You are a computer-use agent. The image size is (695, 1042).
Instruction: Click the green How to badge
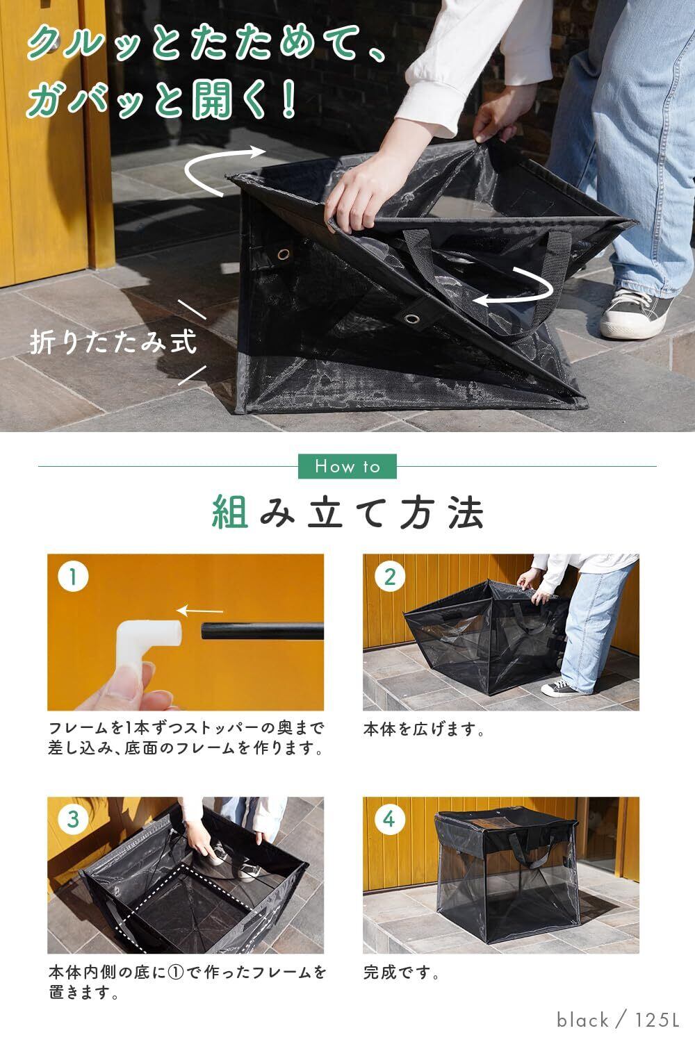pos(347,466)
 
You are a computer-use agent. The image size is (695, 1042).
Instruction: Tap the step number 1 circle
pos(73,577)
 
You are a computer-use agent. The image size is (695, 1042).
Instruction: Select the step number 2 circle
pos(390,577)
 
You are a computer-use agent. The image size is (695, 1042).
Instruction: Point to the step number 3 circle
pos(73,819)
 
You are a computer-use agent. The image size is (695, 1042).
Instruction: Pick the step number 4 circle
pos(390,819)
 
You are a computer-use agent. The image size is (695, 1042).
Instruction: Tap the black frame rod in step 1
pos(263,631)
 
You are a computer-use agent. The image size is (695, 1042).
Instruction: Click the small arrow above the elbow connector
pos(200,611)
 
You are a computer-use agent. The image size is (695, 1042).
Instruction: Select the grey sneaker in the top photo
pos(635,313)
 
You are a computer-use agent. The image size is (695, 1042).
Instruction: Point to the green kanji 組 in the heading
pos(230,512)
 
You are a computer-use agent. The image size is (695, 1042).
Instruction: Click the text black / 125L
pos(618,1020)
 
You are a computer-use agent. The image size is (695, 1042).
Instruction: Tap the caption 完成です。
pos(401,972)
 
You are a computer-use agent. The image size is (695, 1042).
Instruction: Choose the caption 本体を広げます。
pos(424,729)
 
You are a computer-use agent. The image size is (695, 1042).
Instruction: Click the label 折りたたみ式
pos(113,342)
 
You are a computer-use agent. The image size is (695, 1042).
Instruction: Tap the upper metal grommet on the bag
pos(283,254)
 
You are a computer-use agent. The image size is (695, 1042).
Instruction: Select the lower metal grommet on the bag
pos(411,319)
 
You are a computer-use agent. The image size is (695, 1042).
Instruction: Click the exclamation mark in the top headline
pos(288,99)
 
